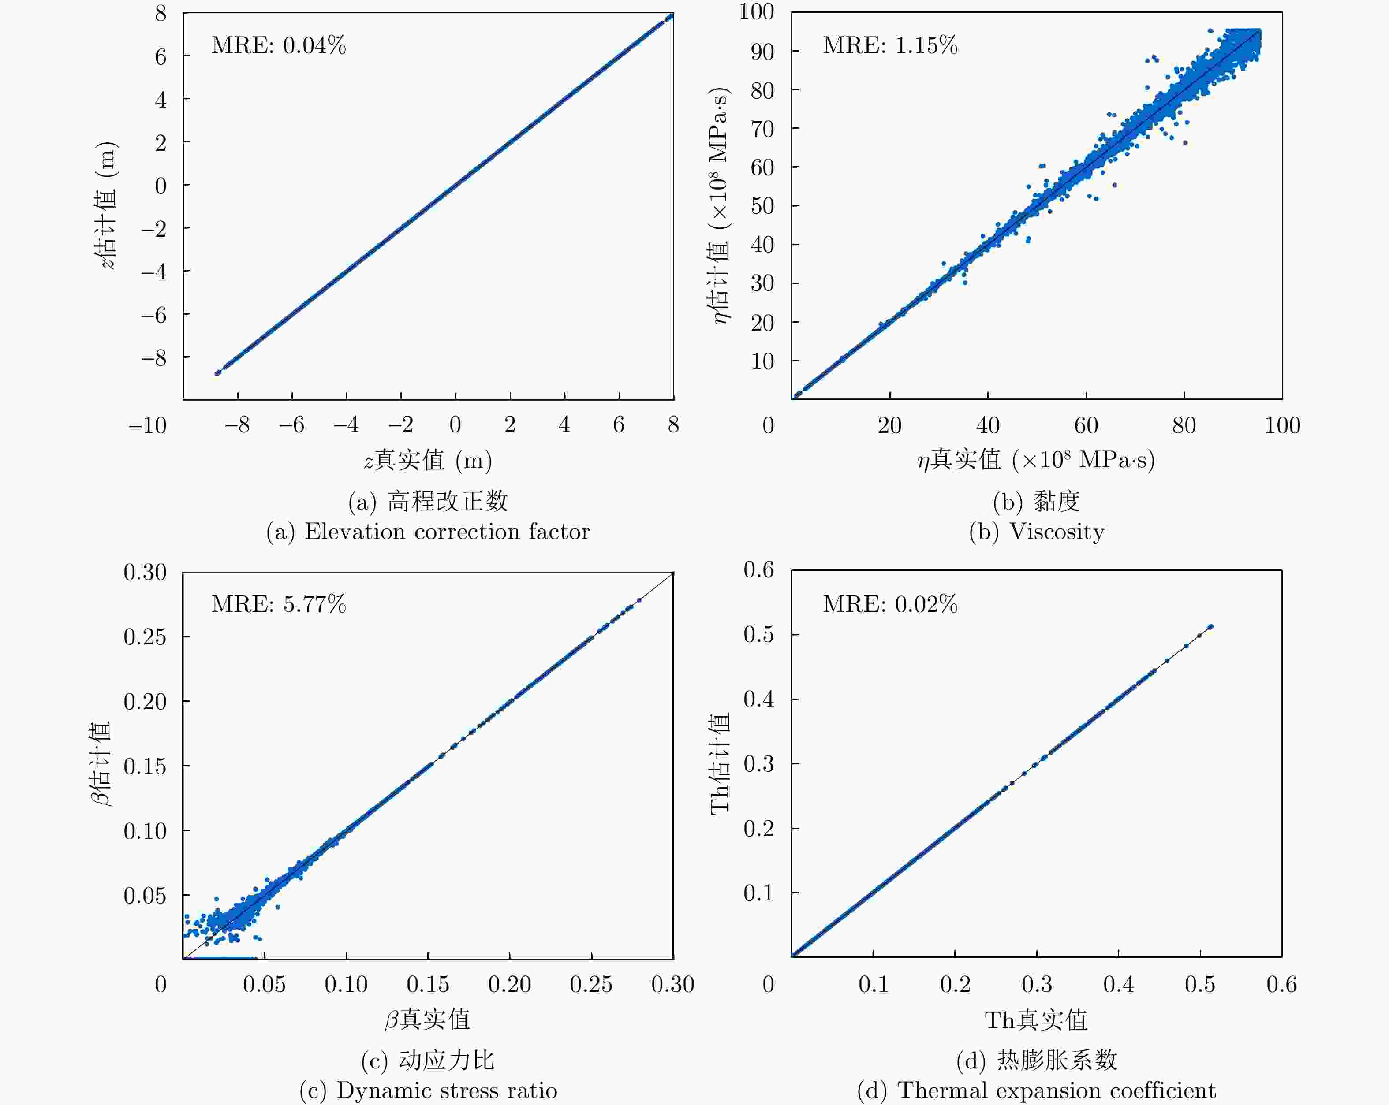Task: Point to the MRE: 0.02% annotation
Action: [890, 604]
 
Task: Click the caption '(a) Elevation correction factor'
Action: [428, 531]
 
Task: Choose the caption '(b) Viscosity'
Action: [1037, 531]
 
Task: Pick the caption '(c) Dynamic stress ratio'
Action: [428, 1090]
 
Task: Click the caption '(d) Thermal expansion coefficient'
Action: [1037, 1090]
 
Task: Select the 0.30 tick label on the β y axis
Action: [145, 572]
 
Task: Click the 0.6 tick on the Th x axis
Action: [1281, 984]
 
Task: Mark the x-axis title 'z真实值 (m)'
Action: [428, 460]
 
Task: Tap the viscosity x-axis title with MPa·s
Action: [1037, 460]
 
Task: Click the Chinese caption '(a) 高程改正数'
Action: [428, 501]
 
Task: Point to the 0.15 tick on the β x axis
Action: [428, 984]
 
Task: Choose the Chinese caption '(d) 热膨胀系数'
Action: [1037, 1060]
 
